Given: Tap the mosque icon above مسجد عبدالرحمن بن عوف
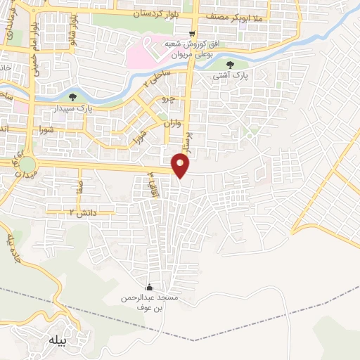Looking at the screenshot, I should click(148, 288).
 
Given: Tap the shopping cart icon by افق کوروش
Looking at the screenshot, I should click(193, 34).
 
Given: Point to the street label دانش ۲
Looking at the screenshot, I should click(82, 211).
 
